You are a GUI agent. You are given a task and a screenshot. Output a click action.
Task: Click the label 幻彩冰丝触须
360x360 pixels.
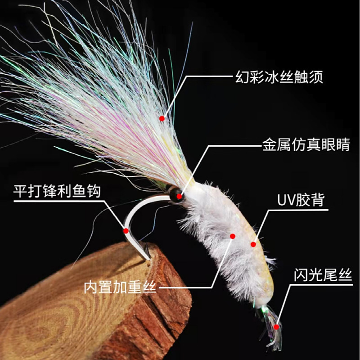[x=279, y=76]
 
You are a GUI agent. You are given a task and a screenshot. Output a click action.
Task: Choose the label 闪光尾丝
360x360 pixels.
[x=320, y=274]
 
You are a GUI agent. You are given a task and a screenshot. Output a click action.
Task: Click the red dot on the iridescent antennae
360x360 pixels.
[x=162, y=118]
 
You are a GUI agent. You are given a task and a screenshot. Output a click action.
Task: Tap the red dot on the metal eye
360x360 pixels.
[x=180, y=196]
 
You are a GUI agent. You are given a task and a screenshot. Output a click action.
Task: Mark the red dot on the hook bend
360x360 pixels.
[x=126, y=230]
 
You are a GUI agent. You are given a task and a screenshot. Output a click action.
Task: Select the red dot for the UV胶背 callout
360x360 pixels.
[x=253, y=244]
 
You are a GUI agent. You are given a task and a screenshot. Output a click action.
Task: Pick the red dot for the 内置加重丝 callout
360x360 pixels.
[x=233, y=236]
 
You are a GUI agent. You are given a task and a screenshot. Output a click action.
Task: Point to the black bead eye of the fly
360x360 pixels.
[x=174, y=193]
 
